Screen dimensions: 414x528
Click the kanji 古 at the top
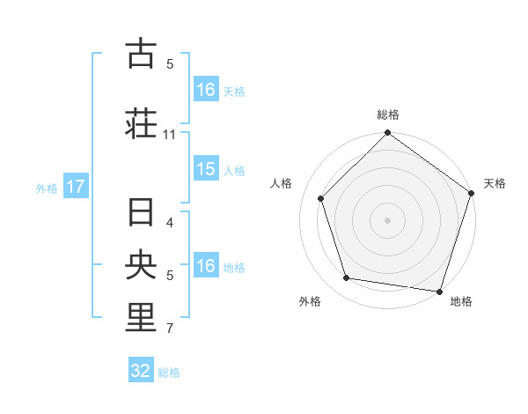(141, 54)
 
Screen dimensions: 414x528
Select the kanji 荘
(141, 123)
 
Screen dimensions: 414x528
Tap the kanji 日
(141, 213)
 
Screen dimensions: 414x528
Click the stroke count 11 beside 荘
(170, 135)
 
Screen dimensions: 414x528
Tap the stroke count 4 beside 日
(170, 222)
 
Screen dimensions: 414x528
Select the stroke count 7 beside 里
(170, 329)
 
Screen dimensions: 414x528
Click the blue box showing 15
(206, 169)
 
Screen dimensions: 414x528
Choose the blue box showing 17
(76, 187)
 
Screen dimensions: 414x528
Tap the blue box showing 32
(141, 371)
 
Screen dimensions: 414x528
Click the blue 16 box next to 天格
(206, 90)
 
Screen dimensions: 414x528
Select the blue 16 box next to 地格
(206, 266)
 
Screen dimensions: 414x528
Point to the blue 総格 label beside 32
(169, 372)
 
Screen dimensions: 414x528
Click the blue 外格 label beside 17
(47, 188)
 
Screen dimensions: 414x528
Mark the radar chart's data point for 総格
(387, 134)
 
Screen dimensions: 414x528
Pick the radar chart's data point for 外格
(347, 278)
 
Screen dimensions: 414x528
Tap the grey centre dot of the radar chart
(387, 219)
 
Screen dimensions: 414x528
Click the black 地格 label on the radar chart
(461, 301)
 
